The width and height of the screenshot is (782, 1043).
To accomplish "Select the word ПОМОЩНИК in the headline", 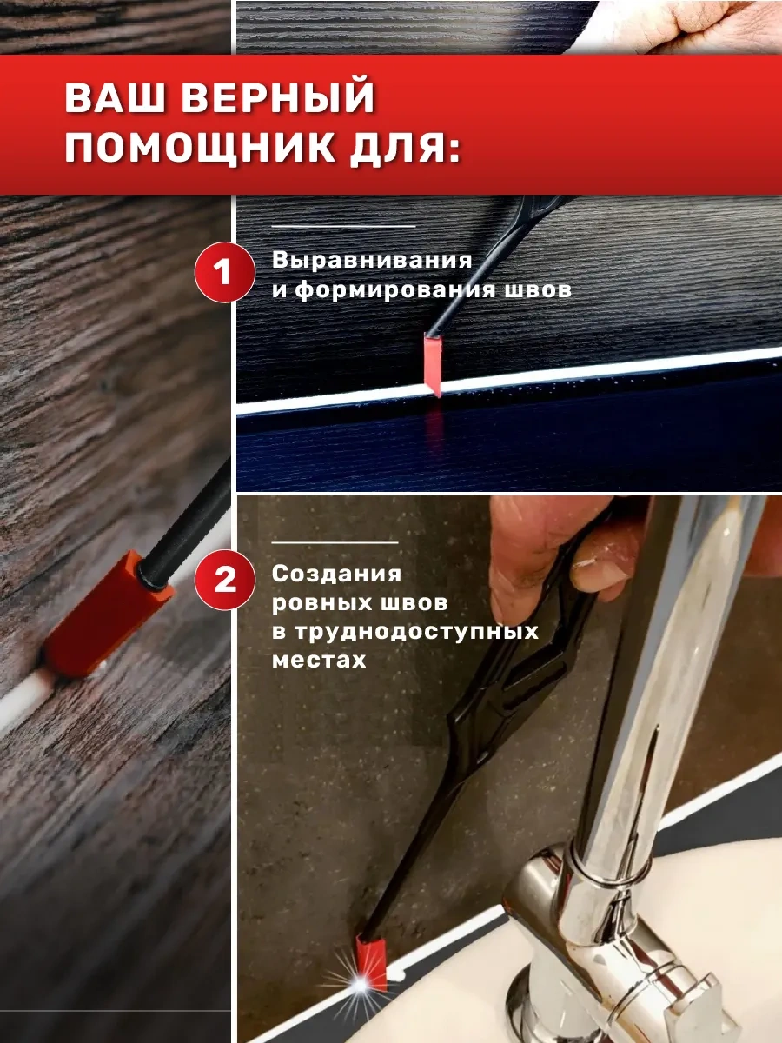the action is tap(200, 148).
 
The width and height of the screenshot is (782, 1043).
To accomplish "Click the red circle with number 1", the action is tap(224, 272).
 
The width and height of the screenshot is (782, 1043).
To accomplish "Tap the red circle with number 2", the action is tap(224, 580).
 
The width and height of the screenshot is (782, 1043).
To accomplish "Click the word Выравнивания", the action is tap(372, 261).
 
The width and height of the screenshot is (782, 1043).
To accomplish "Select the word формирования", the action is tap(395, 289).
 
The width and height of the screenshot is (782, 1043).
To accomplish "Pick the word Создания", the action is tap(336, 574).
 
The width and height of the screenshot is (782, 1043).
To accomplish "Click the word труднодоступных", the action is tap(416, 632).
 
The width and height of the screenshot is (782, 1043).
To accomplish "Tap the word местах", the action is tap(319, 661).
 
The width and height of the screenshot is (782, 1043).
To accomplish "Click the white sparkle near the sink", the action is tap(361, 985).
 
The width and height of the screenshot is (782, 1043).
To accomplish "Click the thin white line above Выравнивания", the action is tap(343, 226).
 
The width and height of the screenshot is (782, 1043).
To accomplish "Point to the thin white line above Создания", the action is tap(335, 542).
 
